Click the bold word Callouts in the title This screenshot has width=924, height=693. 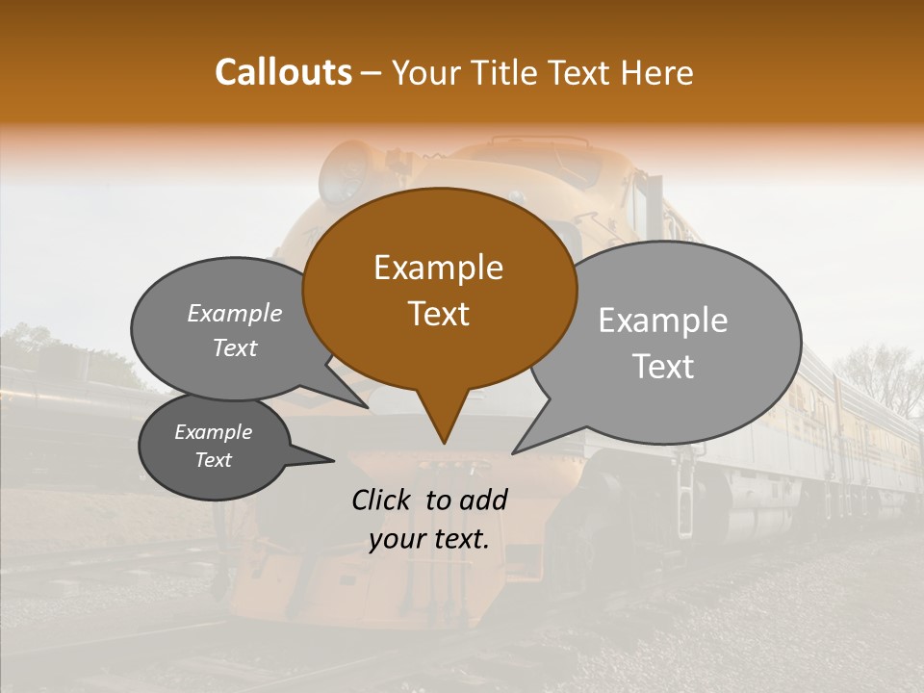point(283,72)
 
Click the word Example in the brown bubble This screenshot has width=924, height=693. point(438,268)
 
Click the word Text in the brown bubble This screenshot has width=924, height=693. point(438,314)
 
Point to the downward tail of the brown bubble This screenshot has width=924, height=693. point(443,423)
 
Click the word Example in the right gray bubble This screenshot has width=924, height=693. point(662,321)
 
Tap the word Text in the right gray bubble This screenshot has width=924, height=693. point(663,367)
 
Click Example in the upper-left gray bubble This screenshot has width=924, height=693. point(234,314)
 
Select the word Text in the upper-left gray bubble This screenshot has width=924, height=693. point(234,348)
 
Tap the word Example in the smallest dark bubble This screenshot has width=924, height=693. point(213,432)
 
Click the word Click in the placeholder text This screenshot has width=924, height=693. point(383,500)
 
